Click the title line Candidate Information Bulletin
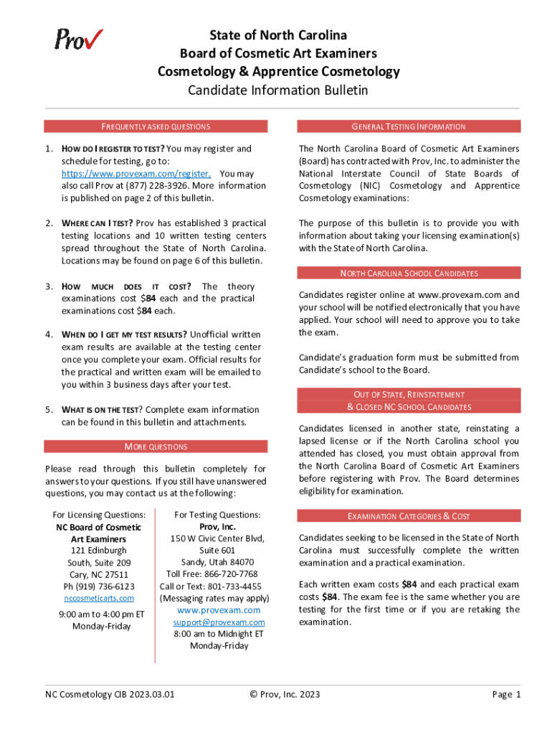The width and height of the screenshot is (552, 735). pos(277,90)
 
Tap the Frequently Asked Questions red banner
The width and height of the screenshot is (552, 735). pos(156,126)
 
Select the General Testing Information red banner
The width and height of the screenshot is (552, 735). pos(409,126)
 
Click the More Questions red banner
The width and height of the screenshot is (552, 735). pos(156,446)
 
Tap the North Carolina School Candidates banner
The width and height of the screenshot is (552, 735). pos(409,273)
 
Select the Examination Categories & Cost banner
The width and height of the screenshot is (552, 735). pos(409,516)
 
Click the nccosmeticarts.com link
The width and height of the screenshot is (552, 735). pos(99,598)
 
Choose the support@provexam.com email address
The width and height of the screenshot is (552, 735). pos(219,622)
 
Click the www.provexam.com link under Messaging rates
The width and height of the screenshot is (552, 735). pos(219,610)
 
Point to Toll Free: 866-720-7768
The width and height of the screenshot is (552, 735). pos(212,574)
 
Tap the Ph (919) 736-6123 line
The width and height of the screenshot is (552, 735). pos(99,586)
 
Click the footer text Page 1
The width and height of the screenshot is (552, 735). pos(505,694)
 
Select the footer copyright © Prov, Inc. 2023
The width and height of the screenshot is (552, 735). pos(285,694)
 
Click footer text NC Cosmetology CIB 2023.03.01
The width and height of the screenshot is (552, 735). pos(110,694)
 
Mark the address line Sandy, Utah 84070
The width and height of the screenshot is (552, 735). pos(217,562)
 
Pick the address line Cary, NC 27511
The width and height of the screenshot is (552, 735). pos(99,574)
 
